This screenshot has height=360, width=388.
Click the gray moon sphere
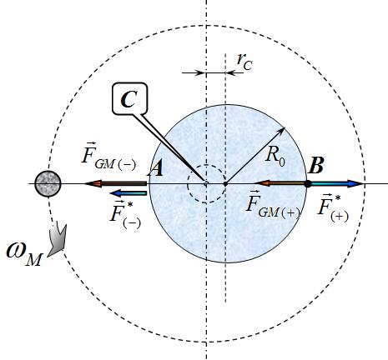(48, 184)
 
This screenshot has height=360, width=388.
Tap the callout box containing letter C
(129, 98)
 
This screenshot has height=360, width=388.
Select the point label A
(155, 168)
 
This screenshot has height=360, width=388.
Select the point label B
(316, 165)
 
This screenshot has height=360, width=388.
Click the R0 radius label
(275, 155)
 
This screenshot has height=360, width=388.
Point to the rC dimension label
(244, 62)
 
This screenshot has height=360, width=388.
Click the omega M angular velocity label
(24, 254)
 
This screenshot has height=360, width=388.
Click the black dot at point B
(308, 183)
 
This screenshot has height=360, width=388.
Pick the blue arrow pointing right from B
(337, 183)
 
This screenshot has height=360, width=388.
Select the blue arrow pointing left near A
(128, 193)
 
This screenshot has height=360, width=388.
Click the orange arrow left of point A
(115, 183)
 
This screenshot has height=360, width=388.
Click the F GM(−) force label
(108, 157)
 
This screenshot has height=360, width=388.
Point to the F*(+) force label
(333, 209)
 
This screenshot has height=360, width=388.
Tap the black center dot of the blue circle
(225, 183)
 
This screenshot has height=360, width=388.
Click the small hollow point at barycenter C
(206, 183)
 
